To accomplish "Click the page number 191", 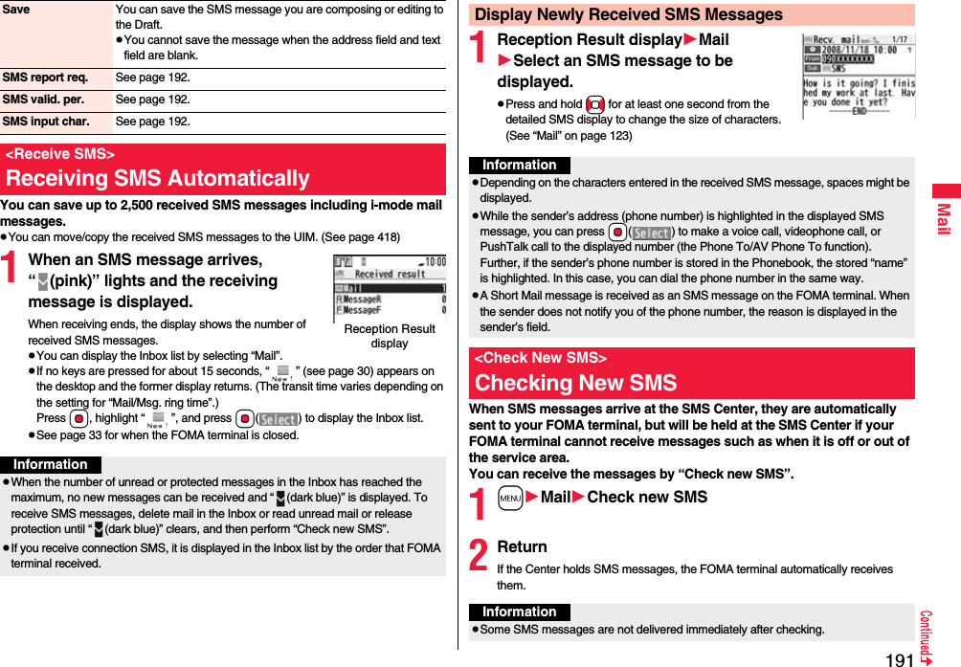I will tap(899, 658).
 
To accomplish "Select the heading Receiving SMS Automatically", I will tap(158, 178).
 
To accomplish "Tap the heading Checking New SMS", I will tap(576, 383).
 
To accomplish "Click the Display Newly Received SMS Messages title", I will tap(629, 14).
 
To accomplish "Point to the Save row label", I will tap(17, 10).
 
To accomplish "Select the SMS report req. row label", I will tap(46, 77).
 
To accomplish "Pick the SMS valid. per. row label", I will tap(43, 100).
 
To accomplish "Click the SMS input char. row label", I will tap(46, 122).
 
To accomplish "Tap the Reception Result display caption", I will tap(390, 336).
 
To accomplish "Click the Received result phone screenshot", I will tap(390, 288).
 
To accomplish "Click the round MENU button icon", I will tap(510, 498).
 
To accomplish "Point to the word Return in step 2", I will tap(523, 546).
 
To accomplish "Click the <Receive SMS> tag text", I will tap(60, 154).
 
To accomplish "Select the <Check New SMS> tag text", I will tap(541, 358).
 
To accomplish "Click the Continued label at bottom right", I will tap(926, 632).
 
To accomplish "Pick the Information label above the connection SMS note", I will tap(51, 464).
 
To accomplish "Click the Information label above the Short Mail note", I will tap(520, 166).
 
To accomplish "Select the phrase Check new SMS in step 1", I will tap(647, 497).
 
